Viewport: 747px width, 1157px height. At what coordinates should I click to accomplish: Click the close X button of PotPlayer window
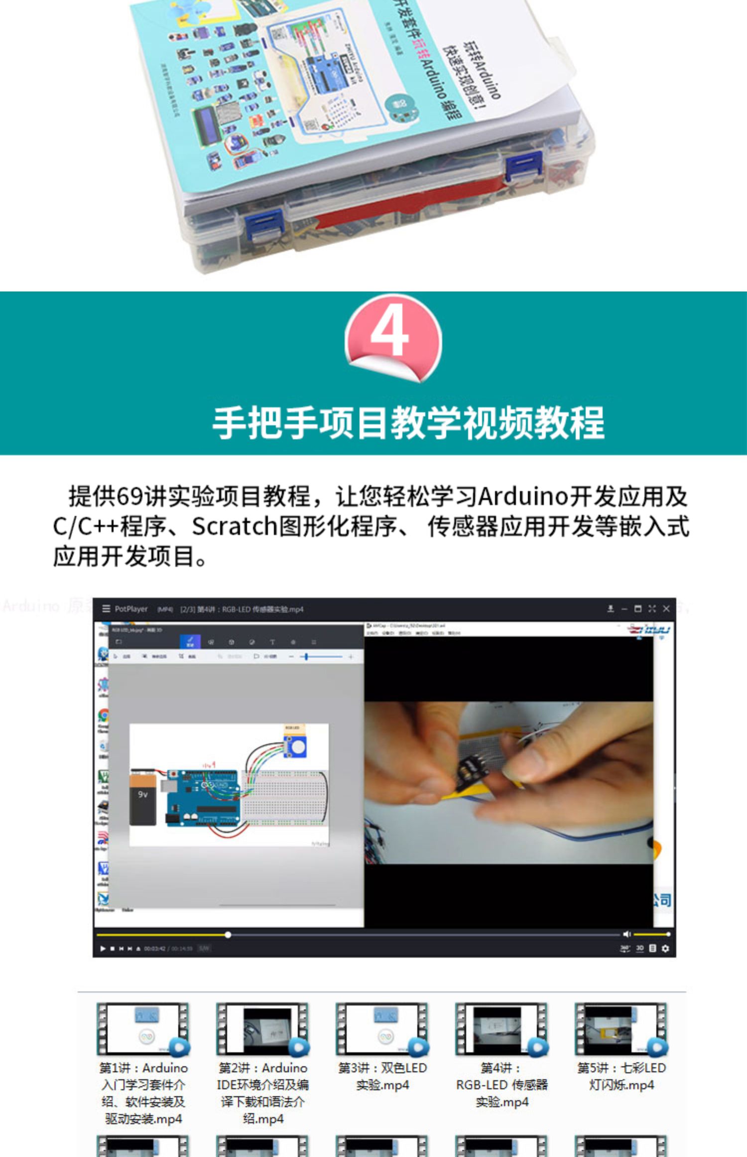666,608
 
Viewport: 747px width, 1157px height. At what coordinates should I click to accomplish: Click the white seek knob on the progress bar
228,935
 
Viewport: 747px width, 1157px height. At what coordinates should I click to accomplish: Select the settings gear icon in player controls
665,948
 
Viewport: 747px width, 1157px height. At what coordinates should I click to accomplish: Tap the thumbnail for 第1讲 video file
143,1029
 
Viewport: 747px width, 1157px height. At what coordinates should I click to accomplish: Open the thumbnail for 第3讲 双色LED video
382,1029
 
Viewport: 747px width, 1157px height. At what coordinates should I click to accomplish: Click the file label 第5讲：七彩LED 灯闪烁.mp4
621,1076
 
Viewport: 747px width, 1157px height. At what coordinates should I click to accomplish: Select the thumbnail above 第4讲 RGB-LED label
501,1029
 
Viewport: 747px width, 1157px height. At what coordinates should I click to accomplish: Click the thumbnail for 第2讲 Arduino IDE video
263,1029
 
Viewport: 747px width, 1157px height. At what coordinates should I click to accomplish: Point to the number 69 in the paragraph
129,496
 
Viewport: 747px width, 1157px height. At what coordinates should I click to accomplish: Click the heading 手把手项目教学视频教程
408,423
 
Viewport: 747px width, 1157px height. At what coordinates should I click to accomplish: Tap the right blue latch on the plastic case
523,167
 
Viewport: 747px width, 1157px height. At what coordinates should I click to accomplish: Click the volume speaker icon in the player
626,934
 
